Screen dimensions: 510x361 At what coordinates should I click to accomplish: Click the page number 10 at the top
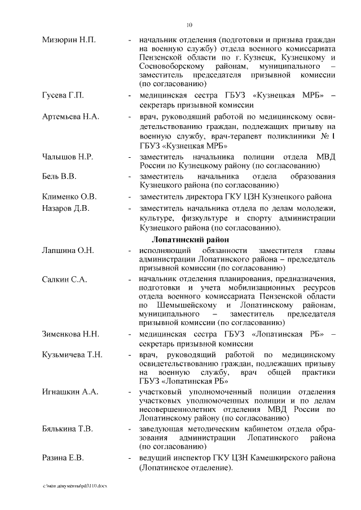[x=190, y=24]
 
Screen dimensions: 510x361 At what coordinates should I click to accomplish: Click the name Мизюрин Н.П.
[x=69, y=41]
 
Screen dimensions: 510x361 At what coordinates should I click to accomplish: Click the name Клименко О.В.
[x=69, y=197]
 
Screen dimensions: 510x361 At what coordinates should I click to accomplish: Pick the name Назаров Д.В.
[x=65, y=210]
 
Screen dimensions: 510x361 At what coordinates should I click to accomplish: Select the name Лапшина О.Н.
[x=68, y=250]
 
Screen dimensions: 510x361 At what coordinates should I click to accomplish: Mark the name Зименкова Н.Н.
[x=71, y=334]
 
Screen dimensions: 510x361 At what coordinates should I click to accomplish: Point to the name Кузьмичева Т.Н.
[x=72, y=354]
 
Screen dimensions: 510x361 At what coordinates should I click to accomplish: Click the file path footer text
[x=74, y=486]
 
